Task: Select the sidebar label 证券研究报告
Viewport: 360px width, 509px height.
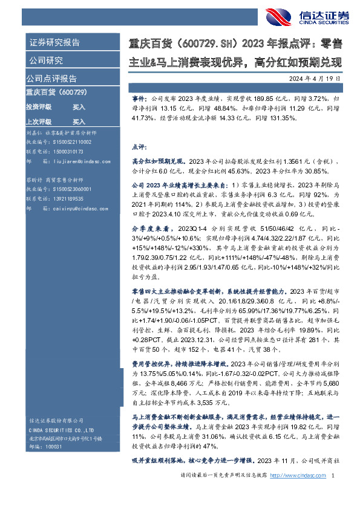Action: pos(54,43)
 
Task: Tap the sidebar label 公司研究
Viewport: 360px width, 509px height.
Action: pos(46,60)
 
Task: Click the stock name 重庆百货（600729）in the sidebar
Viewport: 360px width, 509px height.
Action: pos(57,92)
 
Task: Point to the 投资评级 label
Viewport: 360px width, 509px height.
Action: pos(39,106)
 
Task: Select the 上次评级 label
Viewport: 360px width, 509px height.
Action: pos(39,122)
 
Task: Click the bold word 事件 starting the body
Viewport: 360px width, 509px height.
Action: pos(138,97)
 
